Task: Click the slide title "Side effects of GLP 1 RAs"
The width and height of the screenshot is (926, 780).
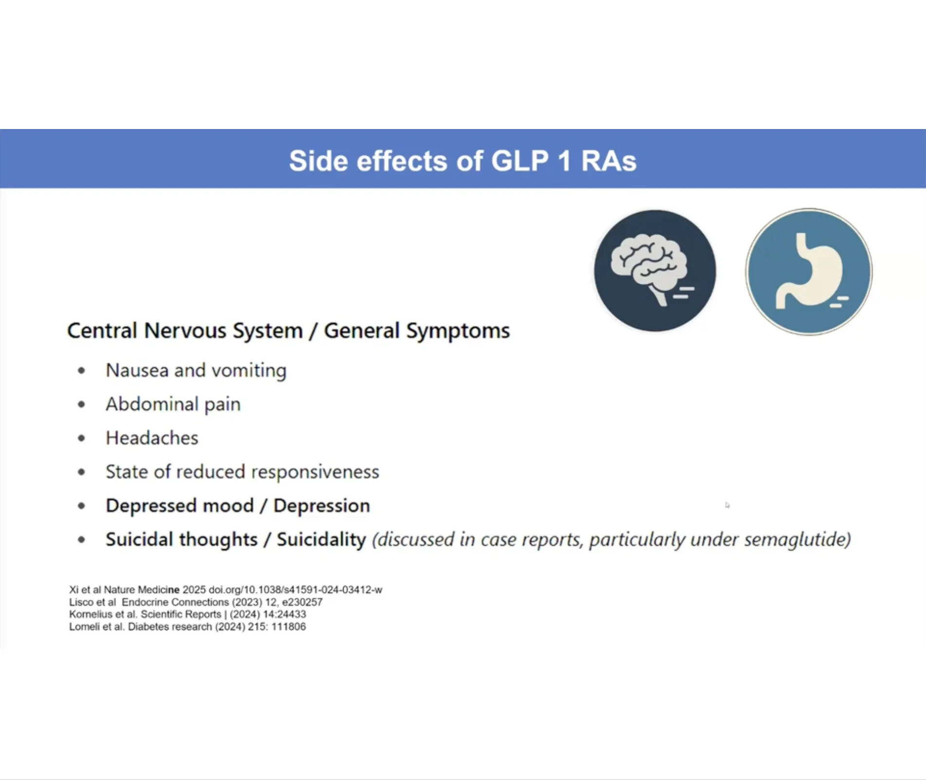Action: click(x=463, y=161)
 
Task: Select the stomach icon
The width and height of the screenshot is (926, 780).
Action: click(x=809, y=272)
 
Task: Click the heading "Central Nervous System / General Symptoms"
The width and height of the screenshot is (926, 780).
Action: click(x=288, y=331)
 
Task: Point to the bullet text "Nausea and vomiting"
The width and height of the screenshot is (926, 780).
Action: click(x=196, y=371)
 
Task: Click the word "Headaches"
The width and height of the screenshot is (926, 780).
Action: click(x=152, y=438)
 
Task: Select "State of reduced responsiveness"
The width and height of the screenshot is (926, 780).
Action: click(x=242, y=472)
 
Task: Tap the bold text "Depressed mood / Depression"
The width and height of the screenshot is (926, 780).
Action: click(x=238, y=506)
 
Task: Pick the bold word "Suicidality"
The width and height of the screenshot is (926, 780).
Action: click(x=321, y=539)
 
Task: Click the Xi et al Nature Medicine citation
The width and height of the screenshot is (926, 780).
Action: click(x=225, y=590)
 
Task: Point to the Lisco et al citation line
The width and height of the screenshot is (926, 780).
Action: click(x=196, y=602)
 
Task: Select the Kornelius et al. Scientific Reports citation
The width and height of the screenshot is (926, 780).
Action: click(x=187, y=614)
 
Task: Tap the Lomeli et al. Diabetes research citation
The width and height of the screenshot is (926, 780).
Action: click(x=187, y=627)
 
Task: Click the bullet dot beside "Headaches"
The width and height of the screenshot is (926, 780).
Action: click(x=81, y=438)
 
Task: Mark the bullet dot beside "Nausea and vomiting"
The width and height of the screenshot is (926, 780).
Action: click(x=81, y=371)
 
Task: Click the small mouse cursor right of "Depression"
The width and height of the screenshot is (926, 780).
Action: click(x=727, y=505)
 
